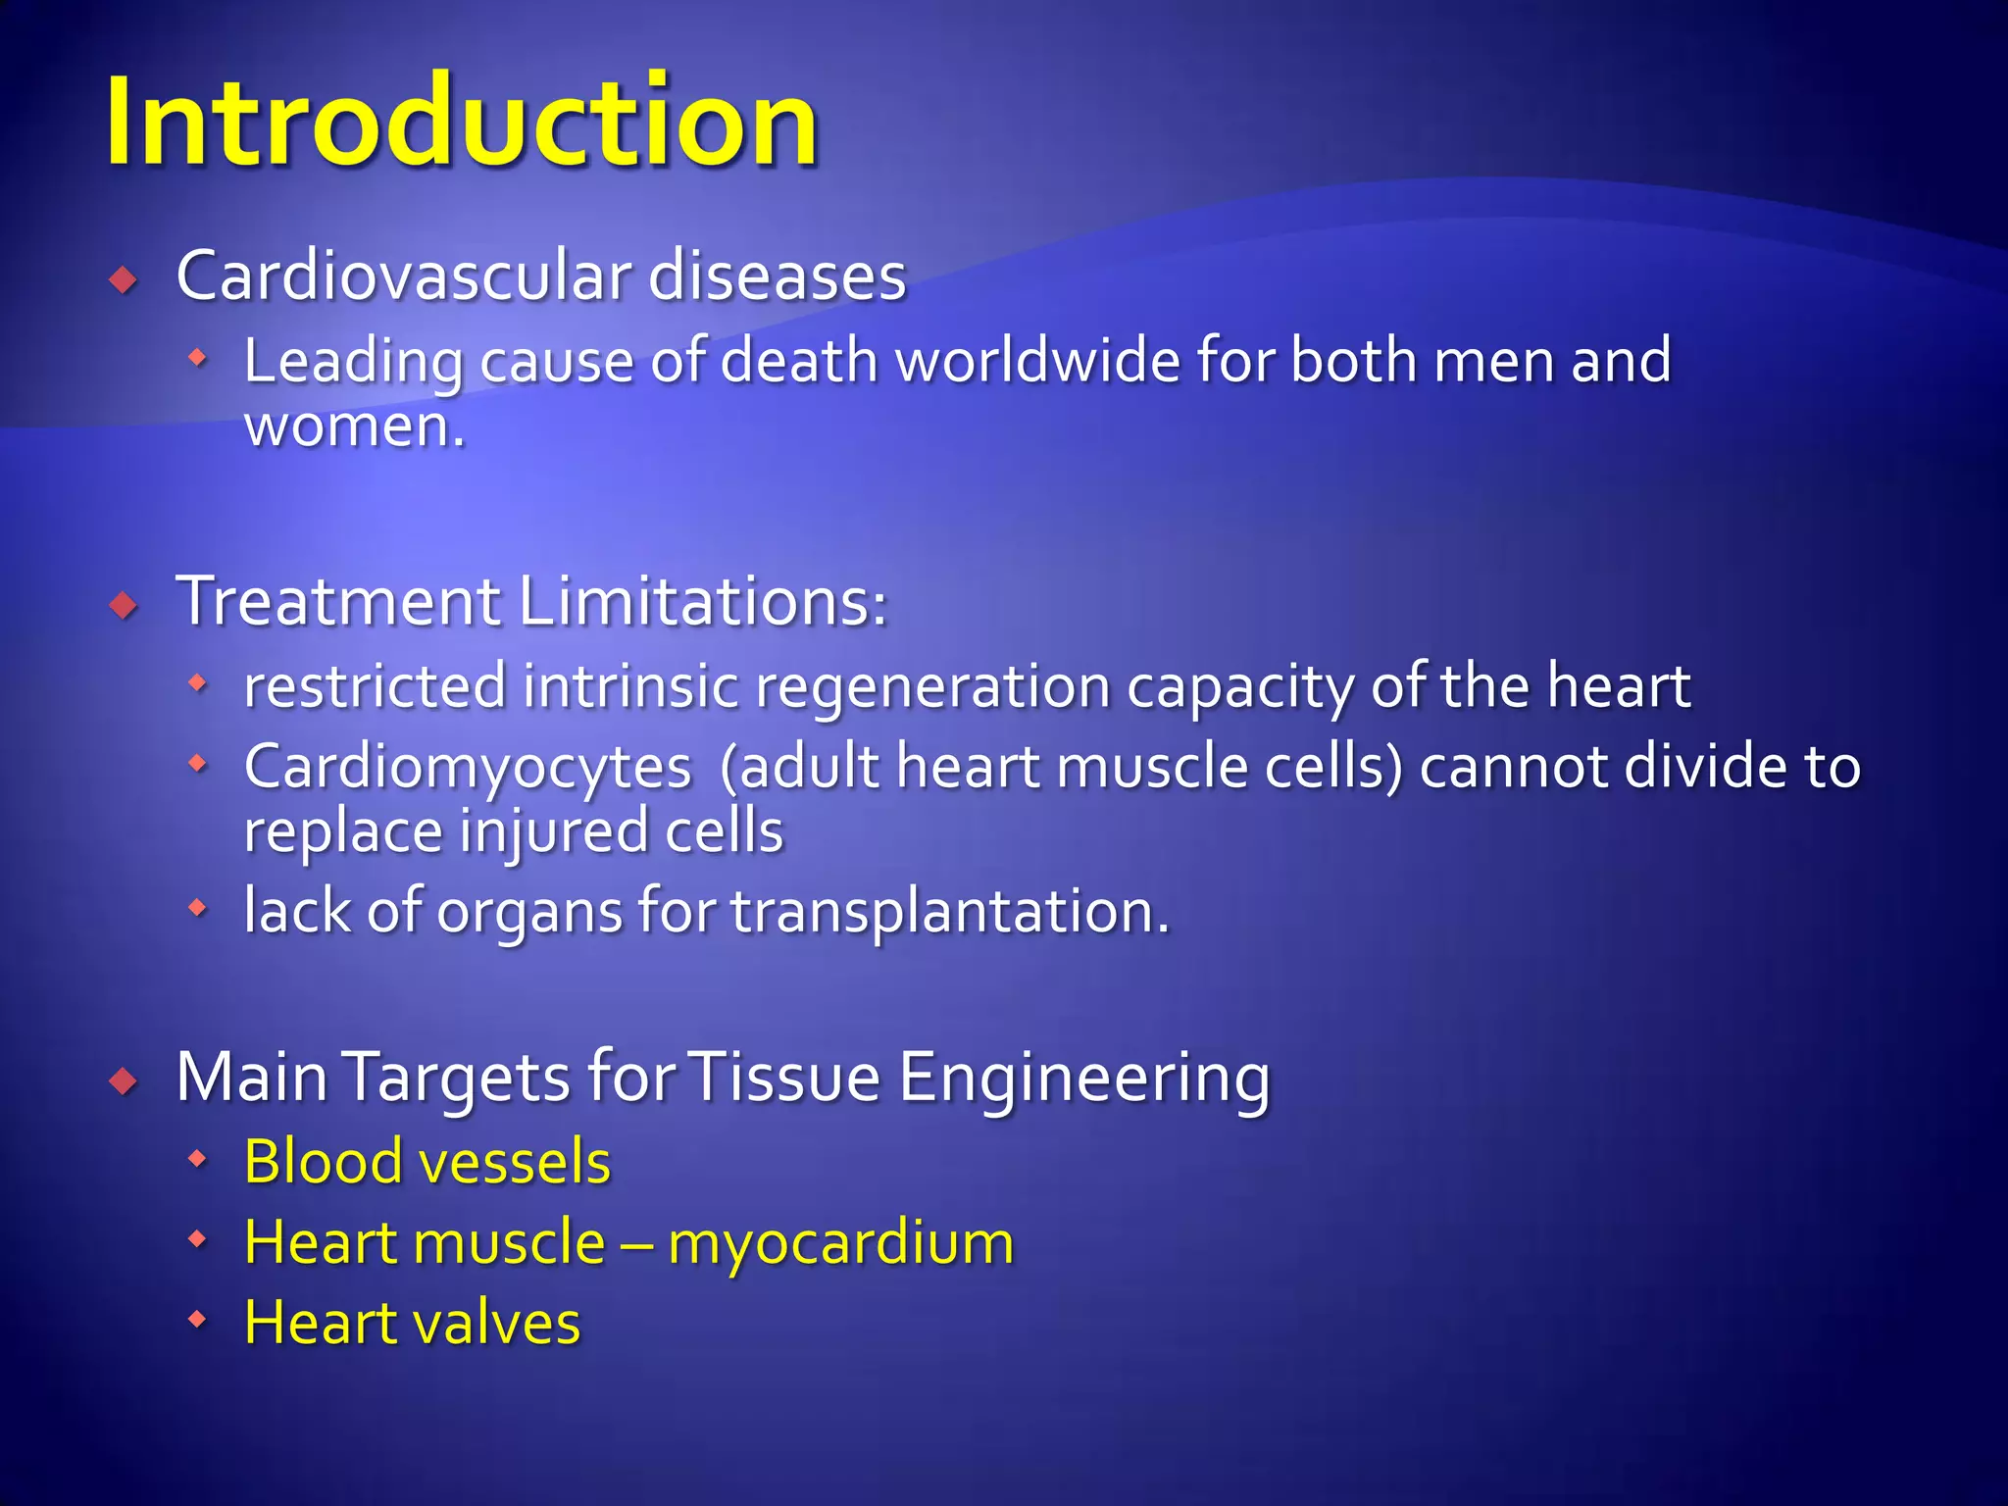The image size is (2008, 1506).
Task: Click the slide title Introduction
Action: [461, 123]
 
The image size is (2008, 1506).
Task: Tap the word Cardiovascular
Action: [403, 276]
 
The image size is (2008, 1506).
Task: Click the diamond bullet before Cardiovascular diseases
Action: [124, 281]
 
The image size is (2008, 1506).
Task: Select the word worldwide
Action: [1038, 361]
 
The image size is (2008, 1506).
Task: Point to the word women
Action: [349, 427]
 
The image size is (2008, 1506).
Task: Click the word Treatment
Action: [338, 601]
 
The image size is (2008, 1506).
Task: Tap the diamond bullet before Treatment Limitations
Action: [124, 605]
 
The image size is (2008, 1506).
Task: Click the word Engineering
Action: [1084, 1078]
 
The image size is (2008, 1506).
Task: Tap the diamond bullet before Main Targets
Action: [124, 1082]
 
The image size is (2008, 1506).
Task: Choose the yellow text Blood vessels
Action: [427, 1162]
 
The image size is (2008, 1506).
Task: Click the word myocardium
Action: [840, 1242]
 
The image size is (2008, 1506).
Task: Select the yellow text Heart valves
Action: [412, 1323]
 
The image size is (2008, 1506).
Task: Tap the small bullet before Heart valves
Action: [198, 1320]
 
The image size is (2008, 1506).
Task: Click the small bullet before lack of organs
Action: [198, 908]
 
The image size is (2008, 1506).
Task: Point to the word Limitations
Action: [703, 601]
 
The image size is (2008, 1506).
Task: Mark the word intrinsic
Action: [629, 686]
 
